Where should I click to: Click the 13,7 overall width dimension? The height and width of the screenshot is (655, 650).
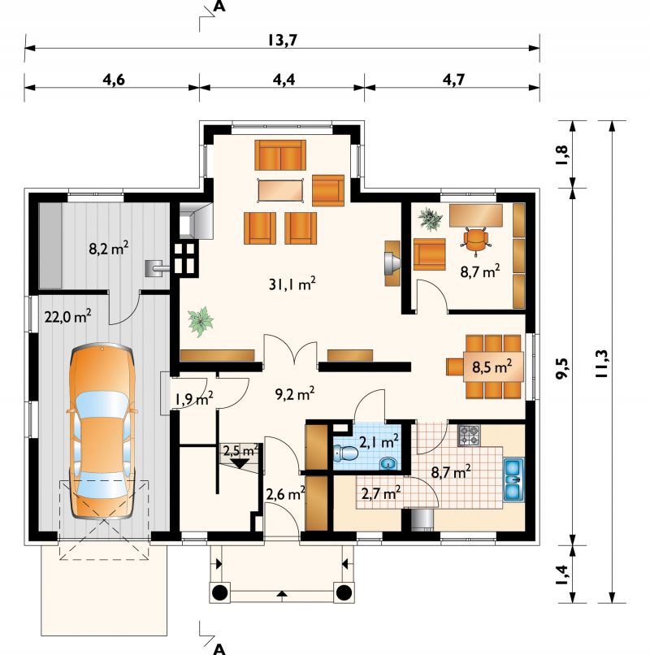click(282, 40)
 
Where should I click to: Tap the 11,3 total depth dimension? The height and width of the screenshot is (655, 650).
click(601, 363)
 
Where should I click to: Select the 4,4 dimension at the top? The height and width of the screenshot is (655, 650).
click(284, 80)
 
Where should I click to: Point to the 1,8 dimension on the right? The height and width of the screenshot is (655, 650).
click(562, 154)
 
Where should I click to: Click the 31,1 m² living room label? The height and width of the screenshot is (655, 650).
click(292, 284)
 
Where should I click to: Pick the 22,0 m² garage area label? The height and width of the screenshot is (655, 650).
click(68, 316)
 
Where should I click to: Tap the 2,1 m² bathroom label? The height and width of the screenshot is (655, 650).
click(379, 440)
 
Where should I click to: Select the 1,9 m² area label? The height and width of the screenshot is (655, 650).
click(194, 398)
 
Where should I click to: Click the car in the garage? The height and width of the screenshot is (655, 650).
click(102, 431)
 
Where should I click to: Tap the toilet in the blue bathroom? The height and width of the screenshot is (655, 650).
click(346, 453)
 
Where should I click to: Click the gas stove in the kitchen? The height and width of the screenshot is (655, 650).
click(469, 436)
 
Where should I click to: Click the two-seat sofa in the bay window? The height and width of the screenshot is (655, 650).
click(280, 154)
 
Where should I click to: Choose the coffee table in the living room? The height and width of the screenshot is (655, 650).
click(281, 190)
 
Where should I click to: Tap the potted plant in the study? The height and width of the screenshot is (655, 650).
click(431, 219)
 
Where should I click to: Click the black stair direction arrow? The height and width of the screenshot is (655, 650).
click(240, 463)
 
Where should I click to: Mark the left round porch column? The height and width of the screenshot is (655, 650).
click(220, 592)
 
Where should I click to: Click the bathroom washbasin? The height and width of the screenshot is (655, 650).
click(389, 463)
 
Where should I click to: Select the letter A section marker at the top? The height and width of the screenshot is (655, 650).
click(219, 7)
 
